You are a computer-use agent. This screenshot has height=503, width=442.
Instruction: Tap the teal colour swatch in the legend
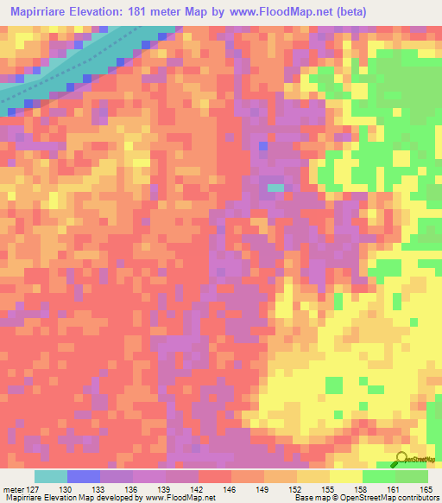point(50,476)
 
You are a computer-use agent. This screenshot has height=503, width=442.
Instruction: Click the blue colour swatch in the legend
point(83,476)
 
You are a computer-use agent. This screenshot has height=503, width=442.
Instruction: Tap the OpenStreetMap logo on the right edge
point(418,226)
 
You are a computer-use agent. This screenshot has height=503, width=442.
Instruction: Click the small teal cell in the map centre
point(275,187)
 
